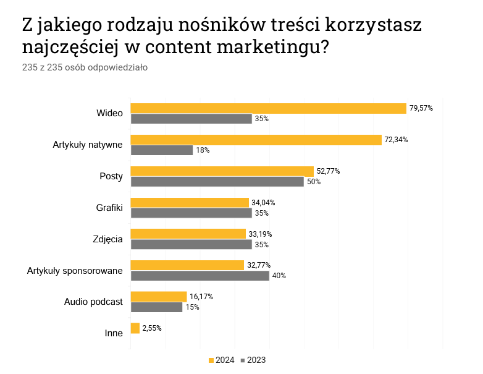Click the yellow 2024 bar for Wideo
pyautogui.click(x=268, y=108)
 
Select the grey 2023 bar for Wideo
pyautogui.click(x=191, y=119)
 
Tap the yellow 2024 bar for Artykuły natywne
pyautogui.click(x=256, y=140)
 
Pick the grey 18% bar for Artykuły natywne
pyautogui.click(x=162, y=150)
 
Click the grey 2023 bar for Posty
pyautogui.click(x=217, y=182)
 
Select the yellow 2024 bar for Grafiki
pyautogui.click(x=190, y=203)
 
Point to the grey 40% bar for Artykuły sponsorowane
pyautogui.click(x=200, y=276)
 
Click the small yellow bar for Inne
pyautogui.click(x=135, y=328)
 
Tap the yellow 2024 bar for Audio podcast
pyautogui.click(x=159, y=297)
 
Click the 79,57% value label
pyautogui.click(x=421, y=108)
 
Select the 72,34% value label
pyautogui.click(x=396, y=140)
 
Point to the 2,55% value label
pyautogui.click(x=152, y=328)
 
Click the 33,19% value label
pyautogui.click(x=260, y=234)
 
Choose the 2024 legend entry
pyautogui.click(x=221, y=360)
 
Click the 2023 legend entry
pyautogui.click(x=253, y=360)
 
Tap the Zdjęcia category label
pyautogui.click(x=107, y=239)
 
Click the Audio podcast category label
pyautogui.click(x=94, y=302)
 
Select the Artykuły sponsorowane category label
pyautogui.click(x=75, y=270)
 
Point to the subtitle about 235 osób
pyautogui.click(x=85, y=67)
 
